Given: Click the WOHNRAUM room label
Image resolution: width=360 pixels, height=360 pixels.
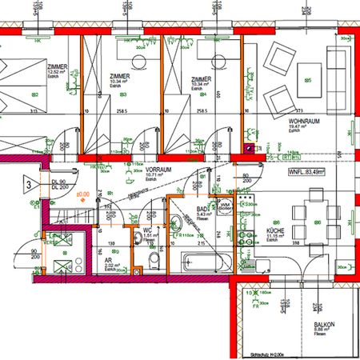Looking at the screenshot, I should [304, 121].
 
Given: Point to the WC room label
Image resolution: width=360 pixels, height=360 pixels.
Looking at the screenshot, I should [148, 230].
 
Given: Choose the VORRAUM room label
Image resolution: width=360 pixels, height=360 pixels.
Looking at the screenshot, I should [160, 171].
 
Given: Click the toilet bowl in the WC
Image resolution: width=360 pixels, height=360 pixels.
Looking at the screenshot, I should [154, 260].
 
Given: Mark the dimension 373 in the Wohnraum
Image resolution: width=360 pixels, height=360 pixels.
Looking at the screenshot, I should [299, 110].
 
